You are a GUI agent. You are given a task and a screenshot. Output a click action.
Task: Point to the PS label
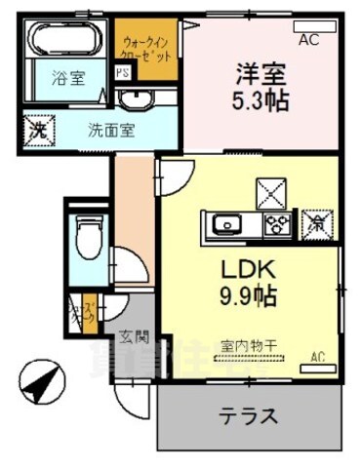[x=123, y=72]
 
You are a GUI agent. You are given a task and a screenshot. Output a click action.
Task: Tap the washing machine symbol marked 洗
[x=38, y=127]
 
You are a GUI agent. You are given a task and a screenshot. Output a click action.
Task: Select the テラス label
[x=249, y=415]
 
